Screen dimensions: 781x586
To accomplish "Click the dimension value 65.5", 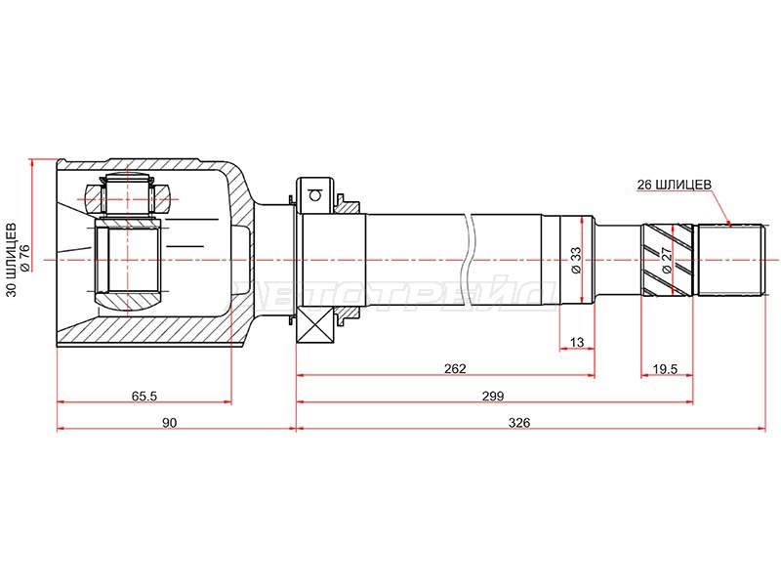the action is point(144,397).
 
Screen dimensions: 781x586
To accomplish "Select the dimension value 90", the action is point(169,423).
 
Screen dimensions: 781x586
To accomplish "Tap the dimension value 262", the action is point(455,369).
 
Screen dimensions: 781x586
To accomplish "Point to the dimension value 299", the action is point(493,397).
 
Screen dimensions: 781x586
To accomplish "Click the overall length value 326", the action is point(519,423).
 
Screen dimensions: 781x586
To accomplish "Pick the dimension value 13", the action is point(576,343).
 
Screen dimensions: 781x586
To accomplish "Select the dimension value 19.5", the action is point(666,369).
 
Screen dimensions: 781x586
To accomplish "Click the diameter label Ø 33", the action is point(575,260).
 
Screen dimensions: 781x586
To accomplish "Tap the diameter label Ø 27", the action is point(667,259).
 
